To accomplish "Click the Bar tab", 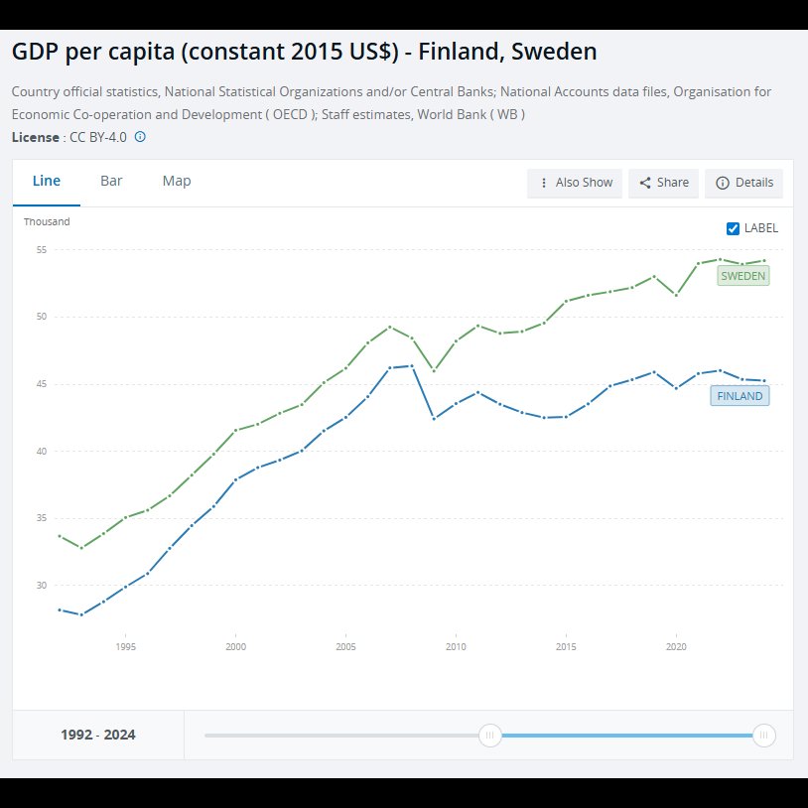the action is tap(111, 181).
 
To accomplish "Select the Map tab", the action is tap(177, 181).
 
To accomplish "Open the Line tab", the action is tap(47, 181).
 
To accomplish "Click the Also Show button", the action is tap(574, 183).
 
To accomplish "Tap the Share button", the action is tap(663, 183).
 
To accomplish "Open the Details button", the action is tap(743, 183).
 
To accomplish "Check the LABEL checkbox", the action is tap(733, 228).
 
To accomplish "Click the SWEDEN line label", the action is tap(743, 276).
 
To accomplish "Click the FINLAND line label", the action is tap(740, 396).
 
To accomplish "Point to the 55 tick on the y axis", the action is tap(42, 250).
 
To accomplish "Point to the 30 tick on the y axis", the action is tap(42, 586).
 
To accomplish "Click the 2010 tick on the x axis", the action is tap(456, 647).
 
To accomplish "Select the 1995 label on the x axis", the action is tap(126, 647).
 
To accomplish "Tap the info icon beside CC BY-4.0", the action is tap(140, 137).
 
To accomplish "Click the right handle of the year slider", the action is tap(763, 735).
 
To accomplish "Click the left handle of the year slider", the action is tap(490, 735).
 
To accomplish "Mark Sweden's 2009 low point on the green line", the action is tap(434, 370).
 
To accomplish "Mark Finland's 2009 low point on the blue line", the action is tap(434, 419).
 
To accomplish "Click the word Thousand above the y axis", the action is tap(47, 221).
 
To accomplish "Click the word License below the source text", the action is tap(35, 138).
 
